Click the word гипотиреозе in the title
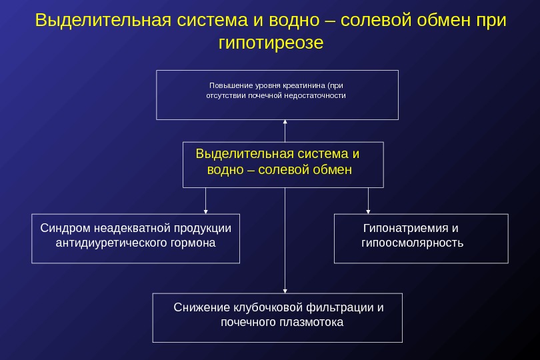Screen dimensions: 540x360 point(271,43)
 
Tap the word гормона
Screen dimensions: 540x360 point(193,243)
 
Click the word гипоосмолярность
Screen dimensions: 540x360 point(412,243)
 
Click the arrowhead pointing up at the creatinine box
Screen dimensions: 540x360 point(285,122)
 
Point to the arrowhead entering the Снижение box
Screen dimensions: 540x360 point(285,290)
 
